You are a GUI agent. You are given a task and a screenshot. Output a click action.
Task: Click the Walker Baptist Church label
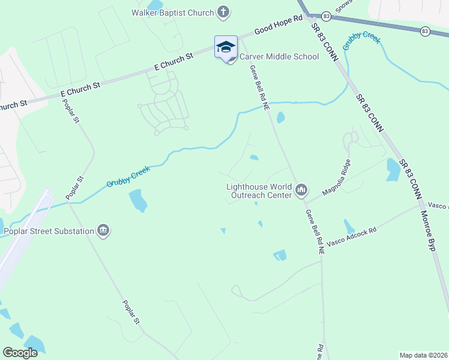(173, 13)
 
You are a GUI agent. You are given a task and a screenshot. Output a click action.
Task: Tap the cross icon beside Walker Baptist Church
(223, 11)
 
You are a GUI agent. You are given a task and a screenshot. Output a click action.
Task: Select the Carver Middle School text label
(279, 57)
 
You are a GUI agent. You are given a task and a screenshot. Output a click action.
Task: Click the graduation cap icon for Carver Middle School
(226, 47)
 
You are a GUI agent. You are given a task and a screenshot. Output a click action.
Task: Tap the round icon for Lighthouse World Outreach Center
(301, 191)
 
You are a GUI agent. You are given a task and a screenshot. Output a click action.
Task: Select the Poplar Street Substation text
(49, 231)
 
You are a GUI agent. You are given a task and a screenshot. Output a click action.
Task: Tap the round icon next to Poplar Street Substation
(103, 231)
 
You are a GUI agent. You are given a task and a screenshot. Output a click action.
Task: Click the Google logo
(20, 353)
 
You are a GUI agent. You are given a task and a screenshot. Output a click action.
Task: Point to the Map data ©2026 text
(423, 355)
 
